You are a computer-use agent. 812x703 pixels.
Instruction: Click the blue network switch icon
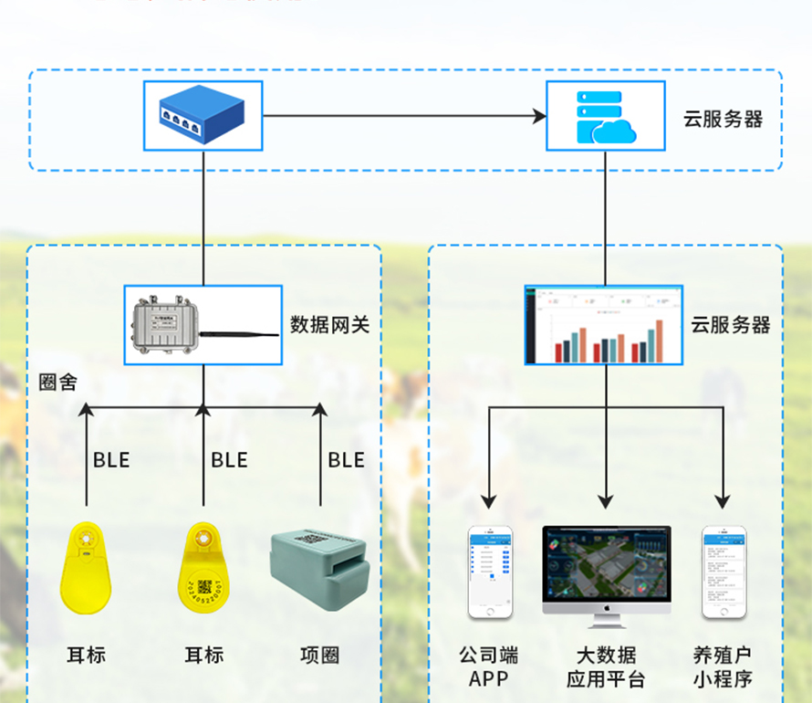tap(203, 116)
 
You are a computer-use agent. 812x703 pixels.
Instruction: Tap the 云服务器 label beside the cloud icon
tap(723, 119)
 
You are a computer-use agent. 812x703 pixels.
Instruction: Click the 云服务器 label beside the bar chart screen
tap(730, 325)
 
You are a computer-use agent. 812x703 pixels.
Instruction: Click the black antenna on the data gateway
tap(239, 335)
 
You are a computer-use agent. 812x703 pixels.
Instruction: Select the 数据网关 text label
tap(329, 324)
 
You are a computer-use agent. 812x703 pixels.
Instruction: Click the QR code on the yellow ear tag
tap(203, 587)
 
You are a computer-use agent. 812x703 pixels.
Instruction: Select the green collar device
tap(319, 570)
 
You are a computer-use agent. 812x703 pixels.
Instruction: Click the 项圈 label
tap(319, 656)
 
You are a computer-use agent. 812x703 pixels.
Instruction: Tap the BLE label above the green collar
tap(346, 460)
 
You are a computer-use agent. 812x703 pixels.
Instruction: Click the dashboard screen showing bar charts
tap(603, 325)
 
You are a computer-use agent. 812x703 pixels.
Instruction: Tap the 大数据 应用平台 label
tap(606, 667)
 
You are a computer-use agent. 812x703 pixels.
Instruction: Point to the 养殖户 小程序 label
tap(722, 667)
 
